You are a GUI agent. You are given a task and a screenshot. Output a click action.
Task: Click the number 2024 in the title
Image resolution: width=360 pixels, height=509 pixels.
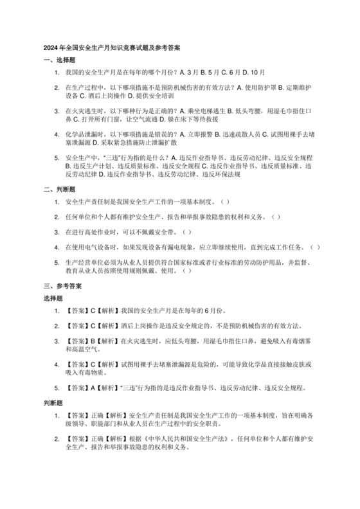[51, 48]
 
